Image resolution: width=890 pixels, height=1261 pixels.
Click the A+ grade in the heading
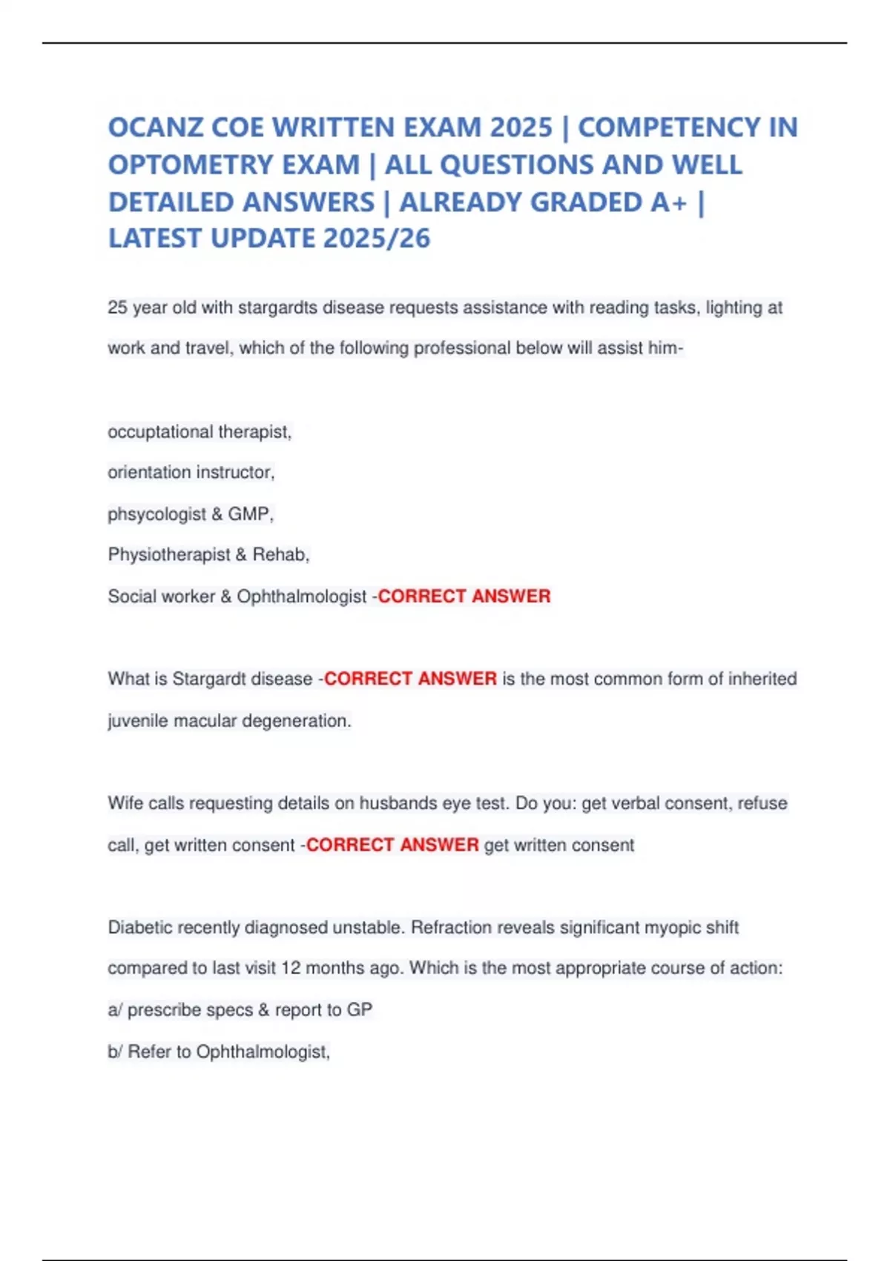point(668,202)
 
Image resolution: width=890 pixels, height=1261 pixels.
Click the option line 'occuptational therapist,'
point(200,432)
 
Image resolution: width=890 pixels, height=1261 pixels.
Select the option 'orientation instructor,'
point(191,473)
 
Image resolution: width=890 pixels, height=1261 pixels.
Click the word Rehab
point(279,555)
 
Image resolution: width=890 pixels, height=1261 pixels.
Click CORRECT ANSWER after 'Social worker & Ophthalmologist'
point(464,596)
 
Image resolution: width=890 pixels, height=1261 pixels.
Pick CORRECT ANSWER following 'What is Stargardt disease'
point(410,679)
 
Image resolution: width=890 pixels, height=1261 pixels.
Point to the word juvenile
point(138,721)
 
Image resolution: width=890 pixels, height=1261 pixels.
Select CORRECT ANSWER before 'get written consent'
point(392,845)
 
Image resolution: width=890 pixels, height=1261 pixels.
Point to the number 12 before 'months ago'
point(291,969)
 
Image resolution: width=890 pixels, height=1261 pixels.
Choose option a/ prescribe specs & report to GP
point(240,1010)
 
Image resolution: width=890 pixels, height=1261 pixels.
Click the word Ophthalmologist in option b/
point(262,1052)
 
